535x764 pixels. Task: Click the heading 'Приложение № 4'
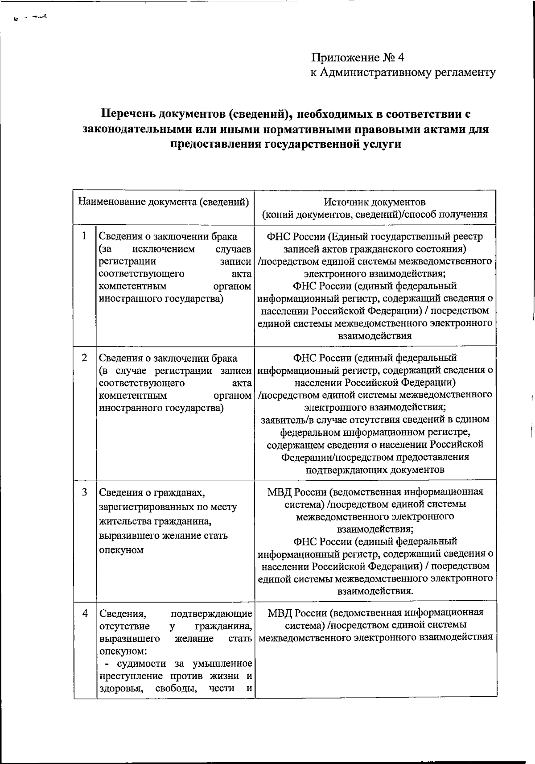[358, 58]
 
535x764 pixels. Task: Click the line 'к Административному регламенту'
[403, 73]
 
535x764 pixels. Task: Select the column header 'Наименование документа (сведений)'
[164, 202]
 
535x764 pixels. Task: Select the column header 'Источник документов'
[374, 202]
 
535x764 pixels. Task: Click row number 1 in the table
[84, 235]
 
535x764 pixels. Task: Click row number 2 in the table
[84, 358]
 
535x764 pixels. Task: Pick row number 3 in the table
[84, 492]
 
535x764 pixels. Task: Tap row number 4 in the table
[85, 613]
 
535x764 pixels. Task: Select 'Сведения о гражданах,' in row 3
[152, 493]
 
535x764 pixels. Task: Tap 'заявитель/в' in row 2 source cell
[284, 420]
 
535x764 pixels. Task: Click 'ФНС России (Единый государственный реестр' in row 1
[374, 236]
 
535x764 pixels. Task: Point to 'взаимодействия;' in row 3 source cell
[374, 529]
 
